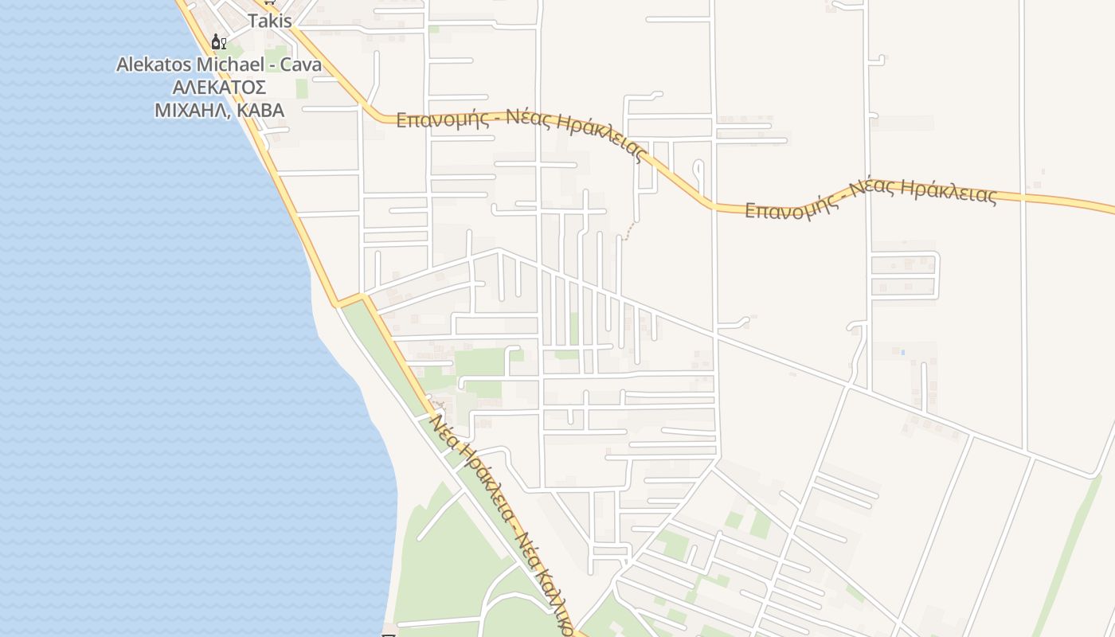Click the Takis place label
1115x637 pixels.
coord(270,21)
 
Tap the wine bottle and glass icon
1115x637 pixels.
coord(218,41)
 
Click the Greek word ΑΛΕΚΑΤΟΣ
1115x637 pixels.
coord(219,87)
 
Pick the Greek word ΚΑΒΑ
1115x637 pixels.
coord(260,110)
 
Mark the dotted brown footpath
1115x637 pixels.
coord(630,231)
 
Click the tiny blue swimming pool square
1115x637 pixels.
coord(902,351)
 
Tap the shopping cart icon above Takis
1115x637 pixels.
coord(268,2)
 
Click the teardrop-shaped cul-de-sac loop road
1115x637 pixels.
coord(698,169)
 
